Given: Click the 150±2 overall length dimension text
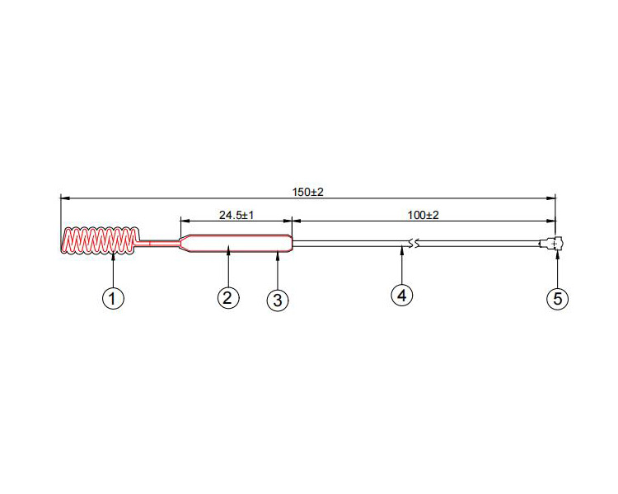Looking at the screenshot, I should pos(308,191).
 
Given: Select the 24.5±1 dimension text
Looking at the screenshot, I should pos(236,215).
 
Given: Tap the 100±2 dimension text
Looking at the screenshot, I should pos(424,215).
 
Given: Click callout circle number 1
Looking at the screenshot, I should pos(113,297).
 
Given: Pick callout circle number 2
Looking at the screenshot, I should pos(228,296).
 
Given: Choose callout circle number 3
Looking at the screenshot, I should pos(278,301).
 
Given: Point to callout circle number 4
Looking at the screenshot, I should pos(401,294).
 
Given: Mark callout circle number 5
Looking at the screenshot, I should pos(558,298).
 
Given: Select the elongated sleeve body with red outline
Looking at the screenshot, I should pos(236,244).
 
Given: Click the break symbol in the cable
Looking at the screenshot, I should pos(414,244).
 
